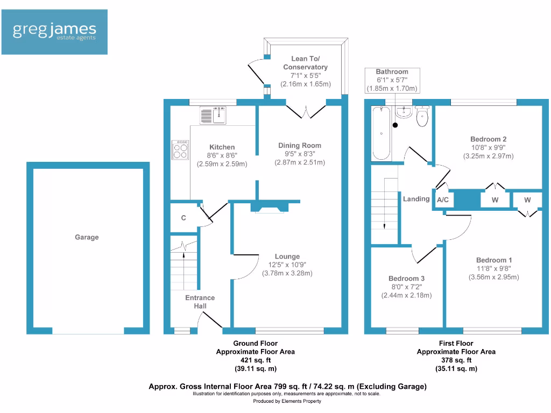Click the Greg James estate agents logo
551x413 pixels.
54,32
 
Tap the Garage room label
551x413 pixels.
87,237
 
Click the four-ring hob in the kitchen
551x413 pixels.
180,149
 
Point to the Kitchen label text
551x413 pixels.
222,147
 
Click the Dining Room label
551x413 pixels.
300,145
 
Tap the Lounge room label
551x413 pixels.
287,257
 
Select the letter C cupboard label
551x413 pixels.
183,218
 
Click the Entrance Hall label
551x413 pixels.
200,302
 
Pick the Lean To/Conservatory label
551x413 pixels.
306,63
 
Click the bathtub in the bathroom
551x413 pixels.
382,133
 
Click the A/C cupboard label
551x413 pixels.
443,200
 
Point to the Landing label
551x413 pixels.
416,199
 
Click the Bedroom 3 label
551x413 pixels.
407,279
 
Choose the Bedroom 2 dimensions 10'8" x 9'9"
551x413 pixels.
489,148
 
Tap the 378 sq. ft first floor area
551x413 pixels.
456,360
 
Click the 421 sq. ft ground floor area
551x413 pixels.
255,360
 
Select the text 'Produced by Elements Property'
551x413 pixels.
287,401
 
